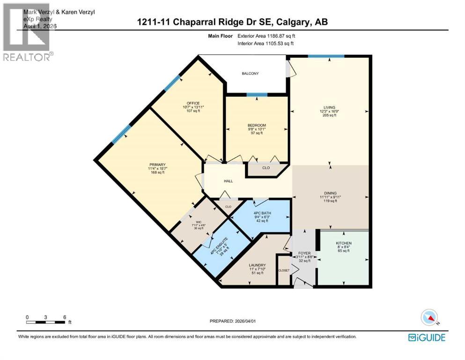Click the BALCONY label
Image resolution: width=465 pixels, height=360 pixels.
[x=250, y=74]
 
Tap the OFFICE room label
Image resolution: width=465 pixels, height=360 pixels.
[x=193, y=103]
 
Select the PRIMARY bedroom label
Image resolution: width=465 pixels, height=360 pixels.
[x=157, y=165]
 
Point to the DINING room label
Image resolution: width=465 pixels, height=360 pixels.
[x=331, y=192]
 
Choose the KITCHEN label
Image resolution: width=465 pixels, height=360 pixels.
[x=343, y=243]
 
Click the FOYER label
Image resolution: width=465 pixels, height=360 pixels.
[x=304, y=253]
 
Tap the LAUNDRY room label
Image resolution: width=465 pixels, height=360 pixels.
[x=257, y=265]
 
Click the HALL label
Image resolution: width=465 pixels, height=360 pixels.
[x=228, y=181]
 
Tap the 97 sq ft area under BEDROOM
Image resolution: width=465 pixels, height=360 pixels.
[x=257, y=133]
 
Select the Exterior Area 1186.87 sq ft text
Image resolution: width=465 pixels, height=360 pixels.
[x=266, y=35]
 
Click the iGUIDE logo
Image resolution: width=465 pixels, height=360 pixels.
[x=426, y=337]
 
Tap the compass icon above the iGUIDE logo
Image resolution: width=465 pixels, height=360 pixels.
[x=429, y=317]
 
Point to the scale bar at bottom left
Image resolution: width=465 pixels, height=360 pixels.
[x=45, y=322]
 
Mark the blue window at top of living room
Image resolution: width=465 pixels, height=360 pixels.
[x=326, y=56]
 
